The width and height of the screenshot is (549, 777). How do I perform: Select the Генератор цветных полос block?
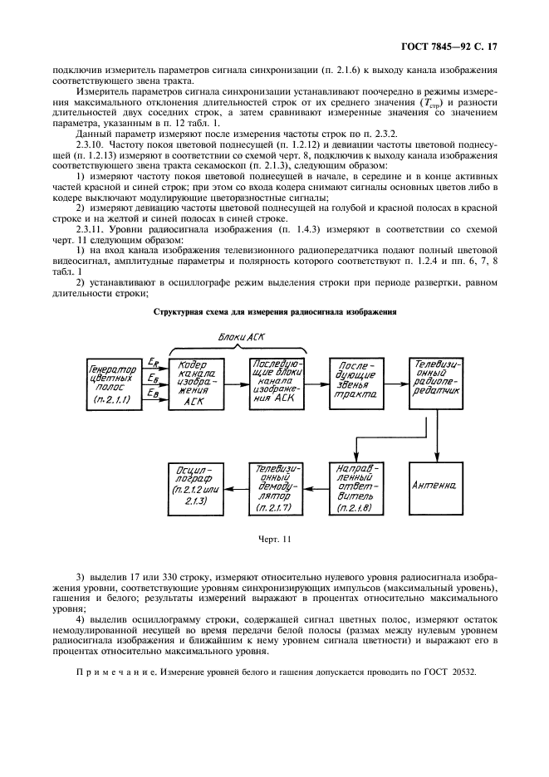[x=114, y=383]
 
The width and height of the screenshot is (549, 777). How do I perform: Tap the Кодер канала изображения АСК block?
[x=196, y=383]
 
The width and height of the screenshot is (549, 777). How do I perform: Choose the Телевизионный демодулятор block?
[x=277, y=484]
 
